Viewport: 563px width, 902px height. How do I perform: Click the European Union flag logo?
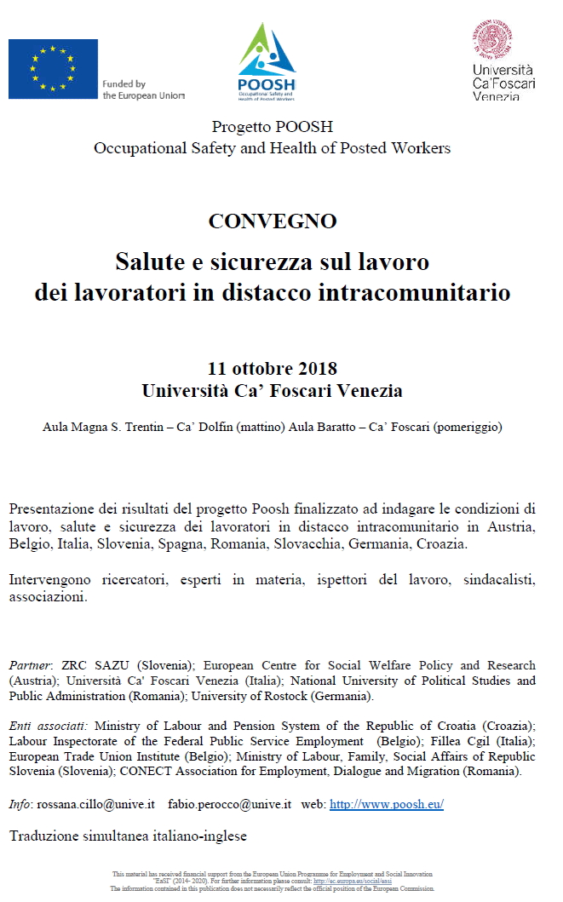coord(53,69)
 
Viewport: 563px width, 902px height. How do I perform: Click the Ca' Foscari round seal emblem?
coord(492,39)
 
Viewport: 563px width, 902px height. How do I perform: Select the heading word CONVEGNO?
coord(273,221)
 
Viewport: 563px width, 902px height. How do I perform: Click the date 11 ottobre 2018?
coord(273,369)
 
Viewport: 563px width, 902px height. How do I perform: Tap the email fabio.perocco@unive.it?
coord(230,803)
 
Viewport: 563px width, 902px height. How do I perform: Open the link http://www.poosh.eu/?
coord(387,803)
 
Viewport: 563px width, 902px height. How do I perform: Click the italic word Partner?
coord(31,665)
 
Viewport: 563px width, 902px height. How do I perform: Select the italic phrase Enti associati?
coord(48,727)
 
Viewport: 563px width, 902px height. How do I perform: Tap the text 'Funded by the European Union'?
coord(142,90)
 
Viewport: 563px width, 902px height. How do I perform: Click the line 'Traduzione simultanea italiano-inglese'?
coord(128,836)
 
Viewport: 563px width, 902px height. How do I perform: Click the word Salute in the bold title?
coord(150,258)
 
